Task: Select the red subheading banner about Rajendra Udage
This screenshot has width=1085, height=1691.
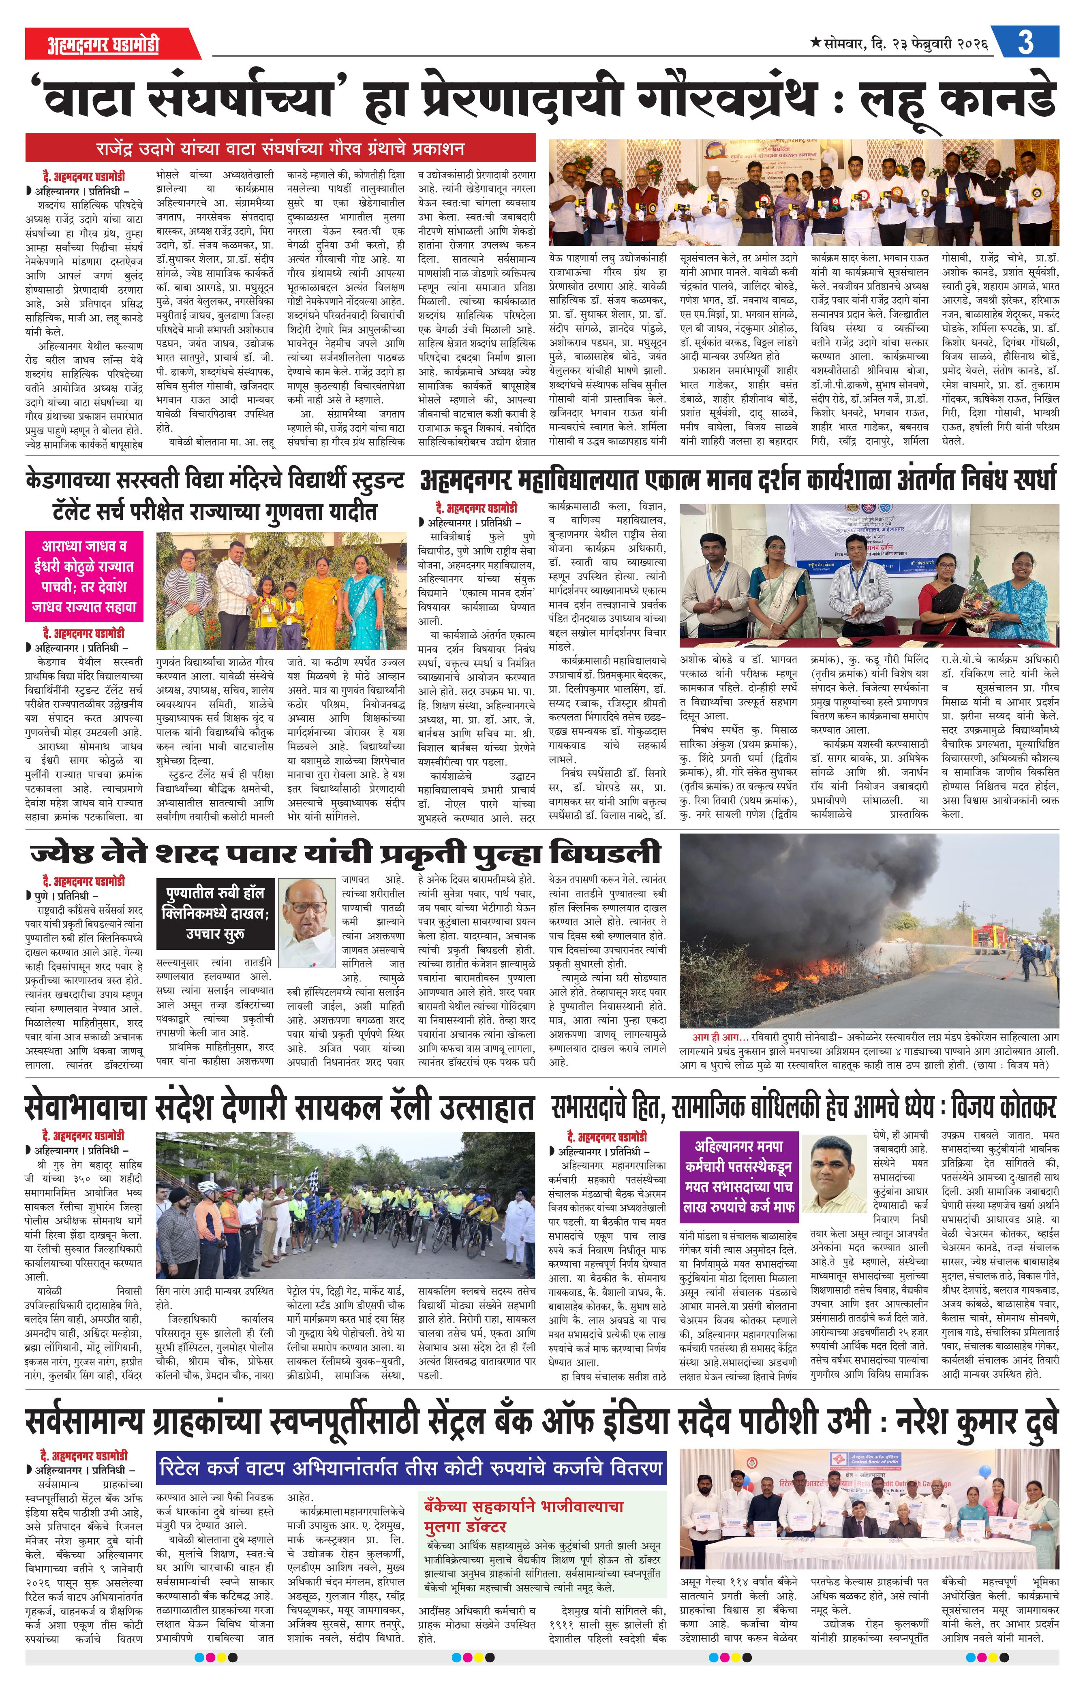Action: [x=280, y=149]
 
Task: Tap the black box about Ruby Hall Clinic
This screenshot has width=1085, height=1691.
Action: [x=214, y=913]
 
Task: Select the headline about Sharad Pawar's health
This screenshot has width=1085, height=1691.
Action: [x=345, y=853]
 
